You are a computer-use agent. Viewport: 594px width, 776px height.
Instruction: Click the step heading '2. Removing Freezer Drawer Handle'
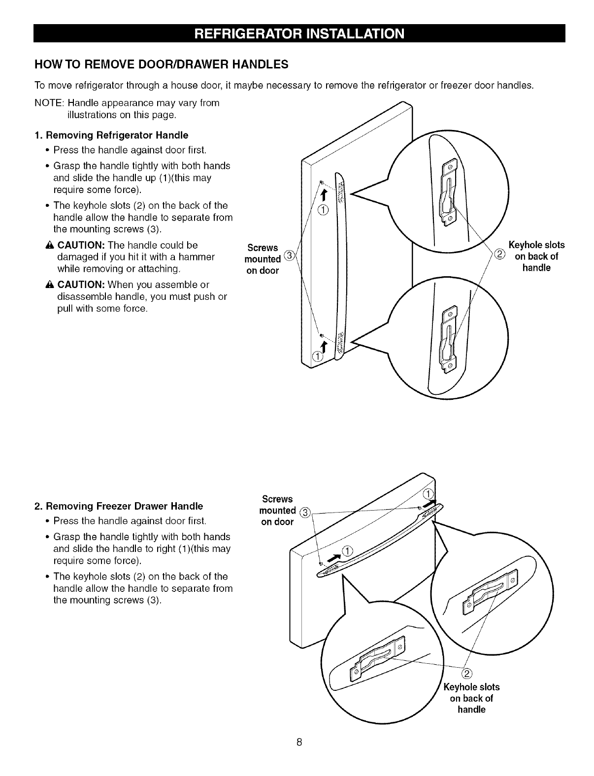[x=119, y=506]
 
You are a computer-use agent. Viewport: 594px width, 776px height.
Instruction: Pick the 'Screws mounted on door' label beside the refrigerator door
[x=263, y=259]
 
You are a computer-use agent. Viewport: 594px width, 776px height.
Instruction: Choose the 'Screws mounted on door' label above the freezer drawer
[x=277, y=510]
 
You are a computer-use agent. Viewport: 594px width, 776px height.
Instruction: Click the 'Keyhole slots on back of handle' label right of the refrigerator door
[x=536, y=256]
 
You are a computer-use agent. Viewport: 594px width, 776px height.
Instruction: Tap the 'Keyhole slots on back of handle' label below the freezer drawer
[x=471, y=698]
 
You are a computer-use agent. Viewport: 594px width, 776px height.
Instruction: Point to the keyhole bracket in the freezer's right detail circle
[x=490, y=593]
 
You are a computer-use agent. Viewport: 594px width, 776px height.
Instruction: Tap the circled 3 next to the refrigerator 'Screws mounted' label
[x=290, y=254]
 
